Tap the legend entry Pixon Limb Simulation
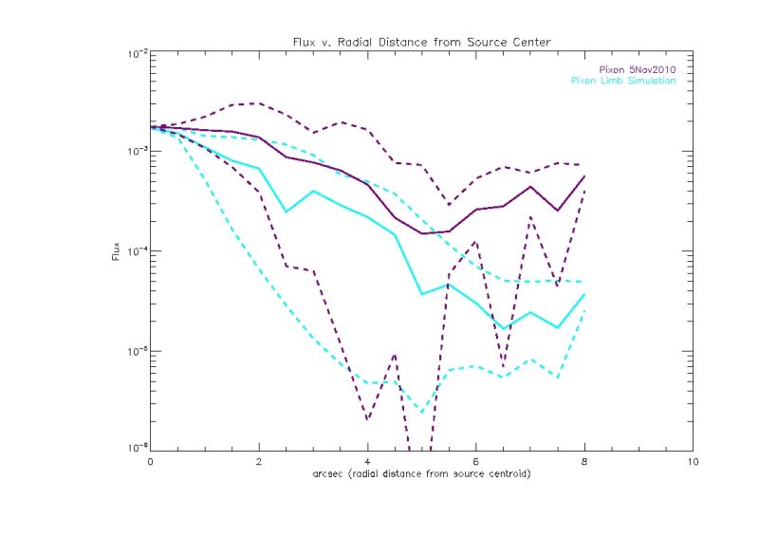coord(623,81)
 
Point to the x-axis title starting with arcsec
coord(421,473)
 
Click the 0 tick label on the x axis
coord(151,462)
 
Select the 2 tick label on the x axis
coord(259,462)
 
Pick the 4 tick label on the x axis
coord(367,462)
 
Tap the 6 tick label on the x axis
coord(475,462)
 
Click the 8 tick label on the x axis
coord(584,462)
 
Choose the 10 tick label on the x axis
coord(693,462)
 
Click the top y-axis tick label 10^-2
coord(134,54)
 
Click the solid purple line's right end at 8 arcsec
coord(584,176)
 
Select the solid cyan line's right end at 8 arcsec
coord(584,295)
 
